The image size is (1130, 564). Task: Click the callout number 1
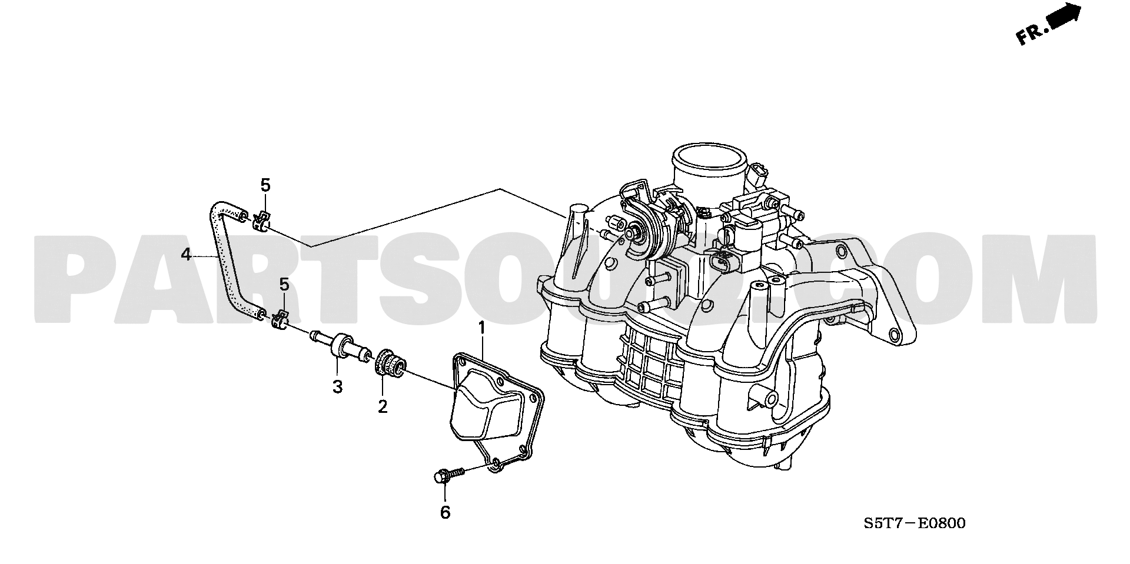tap(481, 328)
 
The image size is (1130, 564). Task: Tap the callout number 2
tap(383, 406)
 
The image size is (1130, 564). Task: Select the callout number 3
tap(337, 387)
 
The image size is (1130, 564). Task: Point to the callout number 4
tap(186, 255)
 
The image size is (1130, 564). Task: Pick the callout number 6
tap(446, 513)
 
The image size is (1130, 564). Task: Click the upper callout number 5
tap(265, 186)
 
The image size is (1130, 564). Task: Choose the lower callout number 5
tap(284, 285)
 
